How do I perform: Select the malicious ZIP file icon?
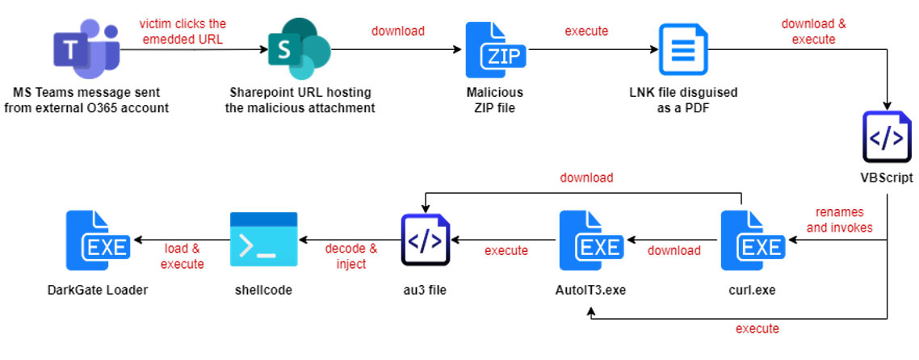pyautogui.click(x=495, y=50)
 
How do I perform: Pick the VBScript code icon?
pyautogui.click(x=886, y=138)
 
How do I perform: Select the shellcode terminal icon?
pyautogui.click(x=263, y=239)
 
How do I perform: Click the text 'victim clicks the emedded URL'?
pyautogui.click(x=183, y=31)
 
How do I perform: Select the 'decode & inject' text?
pyautogui.click(x=350, y=256)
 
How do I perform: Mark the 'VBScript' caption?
pyautogui.click(x=886, y=178)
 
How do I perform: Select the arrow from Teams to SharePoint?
pyautogui.click(x=194, y=49)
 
